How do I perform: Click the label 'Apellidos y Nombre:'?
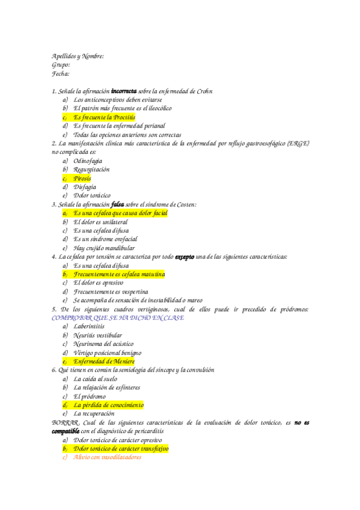pos(78,56)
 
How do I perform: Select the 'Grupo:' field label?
pos(61,65)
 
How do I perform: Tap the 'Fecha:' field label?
pos(61,74)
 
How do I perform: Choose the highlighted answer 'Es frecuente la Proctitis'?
pos(105,117)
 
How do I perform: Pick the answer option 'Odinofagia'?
pos(88,161)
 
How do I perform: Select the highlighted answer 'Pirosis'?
pos(82,179)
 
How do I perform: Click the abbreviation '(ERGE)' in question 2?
pos(299,144)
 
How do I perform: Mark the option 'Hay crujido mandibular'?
pos(104,248)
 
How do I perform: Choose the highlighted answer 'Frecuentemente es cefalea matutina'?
pos(119,274)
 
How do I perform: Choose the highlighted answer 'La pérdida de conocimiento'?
pos(109,405)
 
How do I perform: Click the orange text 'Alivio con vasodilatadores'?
pos(107,457)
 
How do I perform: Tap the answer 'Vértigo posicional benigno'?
pos(108,352)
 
